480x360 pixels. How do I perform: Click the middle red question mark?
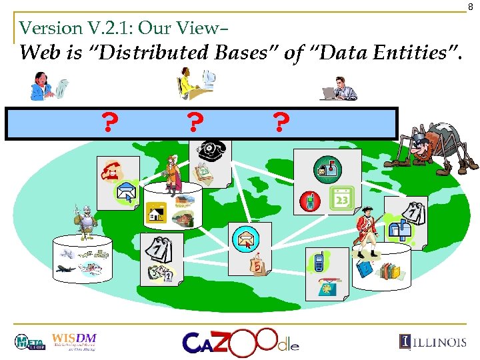[194, 123]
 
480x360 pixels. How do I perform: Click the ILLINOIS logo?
[433, 342]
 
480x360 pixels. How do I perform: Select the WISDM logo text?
[74, 337]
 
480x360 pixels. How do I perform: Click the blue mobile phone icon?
[319, 262]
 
